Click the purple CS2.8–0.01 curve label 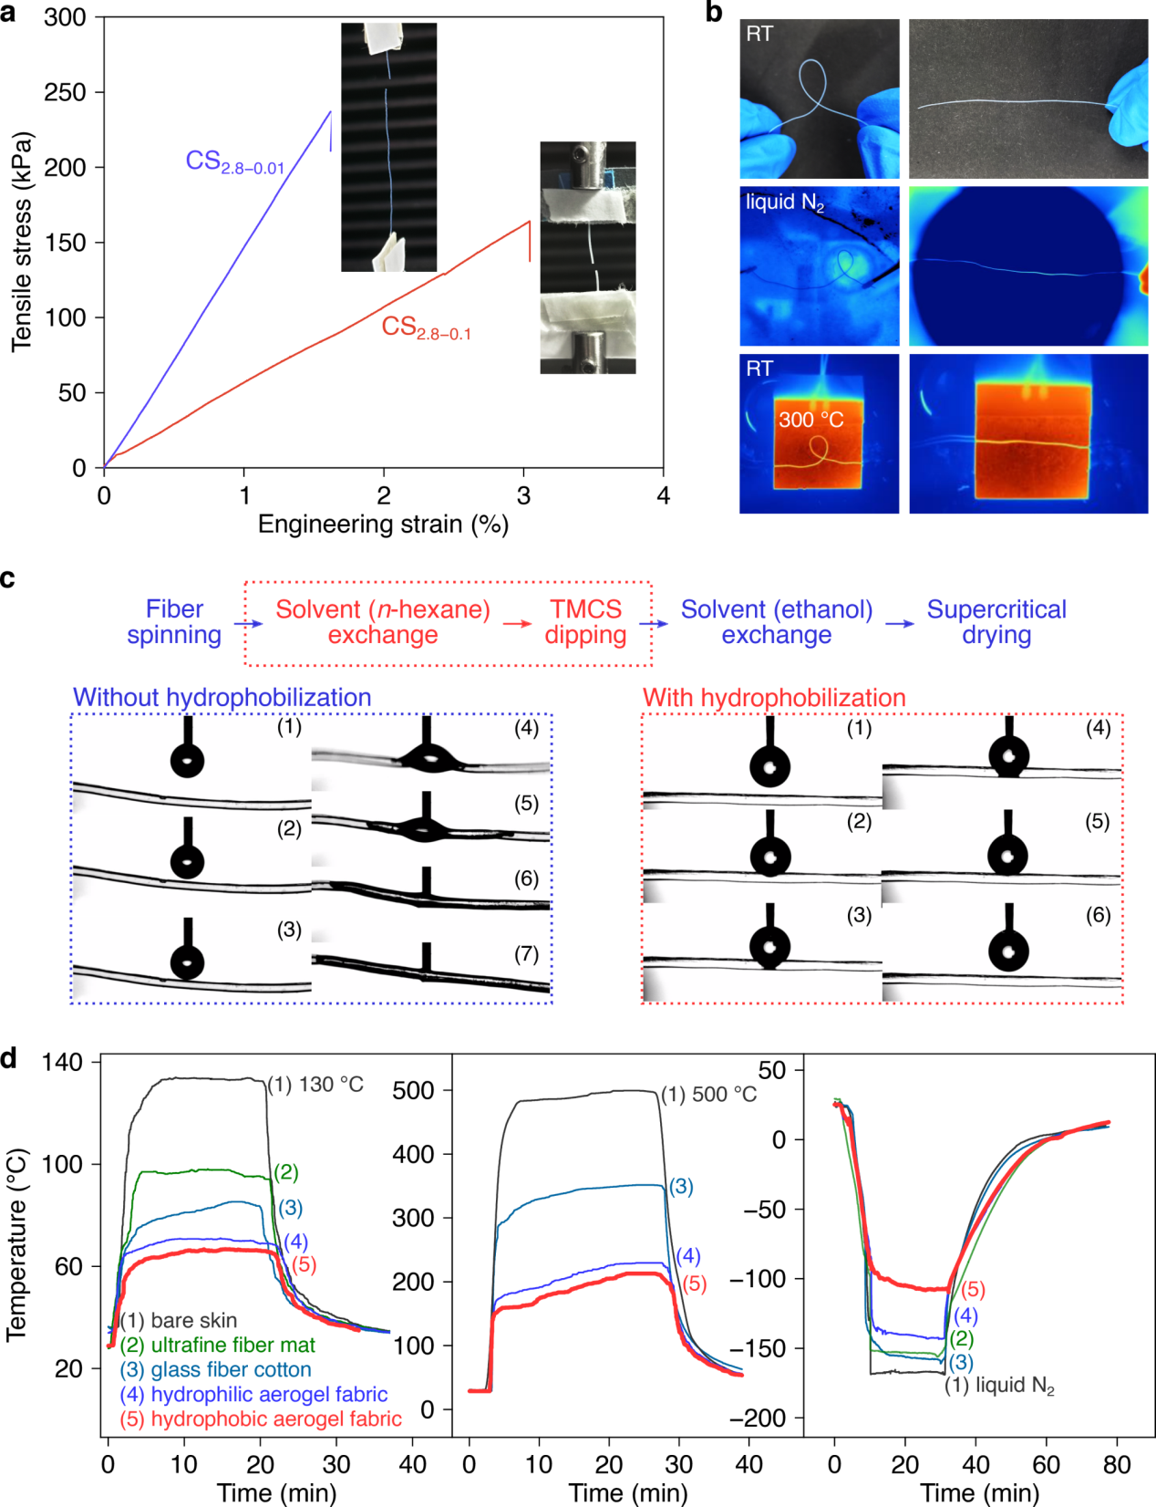click(x=234, y=162)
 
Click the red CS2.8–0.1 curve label click(x=426, y=327)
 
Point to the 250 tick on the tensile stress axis click(x=66, y=92)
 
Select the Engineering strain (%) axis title click(x=383, y=525)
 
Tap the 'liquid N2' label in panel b click(x=785, y=203)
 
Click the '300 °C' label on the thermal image click(x=810, y=420)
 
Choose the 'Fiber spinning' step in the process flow click(x=174, y=622)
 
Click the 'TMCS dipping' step click(x=585, y=622)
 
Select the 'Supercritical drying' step click(x=996, y=622)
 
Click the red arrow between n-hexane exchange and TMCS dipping click(x=518, y=624)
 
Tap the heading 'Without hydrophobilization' click(x=222, y=698)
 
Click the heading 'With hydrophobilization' click(x=774, y=698)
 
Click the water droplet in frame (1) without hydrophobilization click(x=188, y=760)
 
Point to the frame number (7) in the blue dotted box click(x=526, y=954)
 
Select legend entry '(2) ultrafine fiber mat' click(x=217, y=1345)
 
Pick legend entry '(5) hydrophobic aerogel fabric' click(x=260, y=1419)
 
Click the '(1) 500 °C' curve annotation click(x=708, y=1095)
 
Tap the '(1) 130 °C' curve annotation click(x=315, y=1085)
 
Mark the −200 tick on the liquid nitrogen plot click(x=764, y=1418)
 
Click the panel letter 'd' click(x=9, y=1059)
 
